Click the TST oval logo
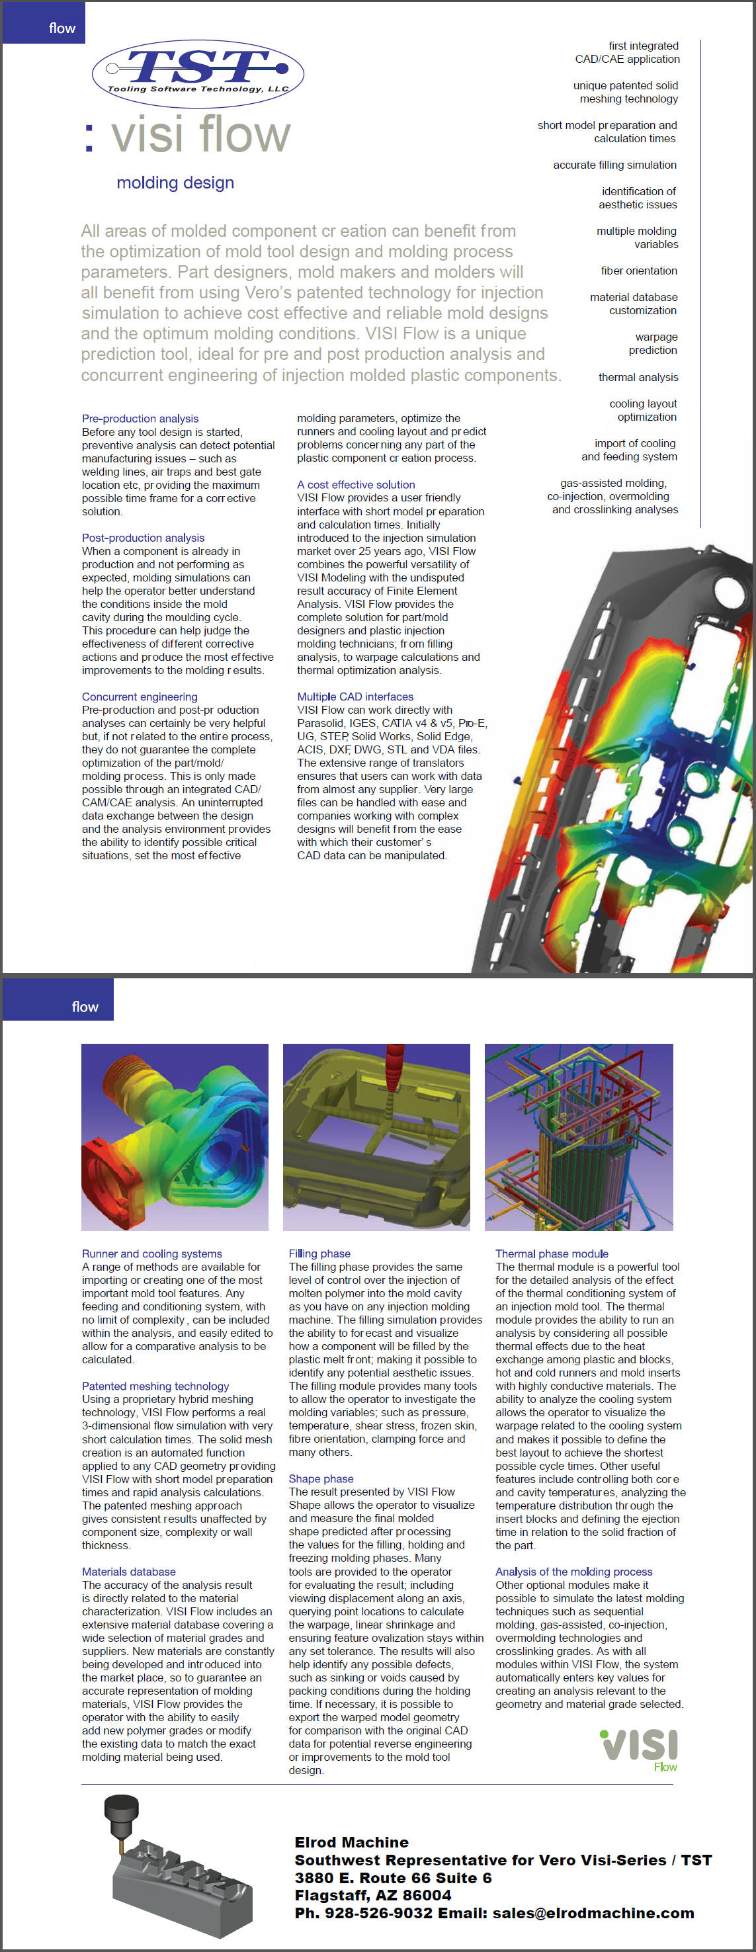click(x=198, y=73)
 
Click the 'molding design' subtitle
click(x=175, y=183)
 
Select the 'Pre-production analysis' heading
click(x=140, y=418)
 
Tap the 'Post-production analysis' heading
click(x=143, y=537)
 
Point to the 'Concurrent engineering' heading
click(x=140, y=697)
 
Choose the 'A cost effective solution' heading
click(x=356, y=484)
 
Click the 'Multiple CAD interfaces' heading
click(x=355, y=697)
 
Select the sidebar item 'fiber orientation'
click(x=638, y=271)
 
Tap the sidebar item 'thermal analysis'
click(x=638, y=377)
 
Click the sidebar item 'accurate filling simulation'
click(x=614, y=165)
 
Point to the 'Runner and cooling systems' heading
click(x=152, y=1254)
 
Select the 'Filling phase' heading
click(x=319, y=1254)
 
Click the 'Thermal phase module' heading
click(x=552, y=1254)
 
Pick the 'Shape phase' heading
click(x=321, y=1479)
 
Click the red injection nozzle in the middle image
click(x=395, y=1068)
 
